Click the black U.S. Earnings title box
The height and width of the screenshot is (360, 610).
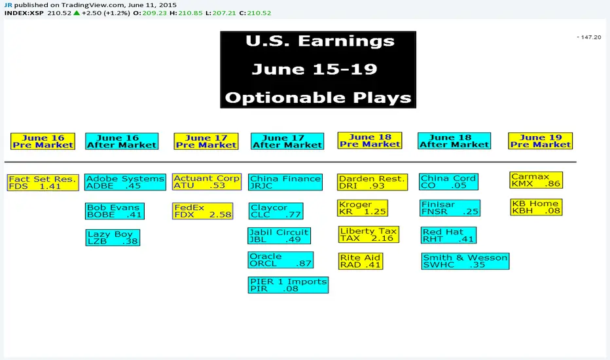[x=318, y=69]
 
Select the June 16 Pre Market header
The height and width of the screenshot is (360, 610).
[x=43, y=141]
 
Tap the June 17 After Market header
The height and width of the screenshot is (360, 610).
[x=287, y=141]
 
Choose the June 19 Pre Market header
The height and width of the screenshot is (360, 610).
[x=541, y=141]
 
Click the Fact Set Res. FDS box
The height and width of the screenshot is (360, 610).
[x=43, y=183]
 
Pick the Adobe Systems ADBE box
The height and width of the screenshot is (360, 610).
[x=125, y=182]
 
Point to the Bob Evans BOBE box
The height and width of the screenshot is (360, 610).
[x=115, y=211]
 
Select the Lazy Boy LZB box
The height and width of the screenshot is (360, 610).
[x=113, y=238]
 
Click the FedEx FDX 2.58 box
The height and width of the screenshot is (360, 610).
[x=203, y=211]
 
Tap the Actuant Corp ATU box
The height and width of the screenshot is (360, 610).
[x=207, y=182]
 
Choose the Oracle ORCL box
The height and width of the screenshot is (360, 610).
[x=281, y=260]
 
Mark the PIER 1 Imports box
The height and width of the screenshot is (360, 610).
[x=288, y=285]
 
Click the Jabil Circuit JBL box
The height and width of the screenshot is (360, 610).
[x=279, y=236]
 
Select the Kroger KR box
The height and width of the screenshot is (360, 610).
[x=363, y=208]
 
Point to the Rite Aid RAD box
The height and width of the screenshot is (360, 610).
[x=360, y=261]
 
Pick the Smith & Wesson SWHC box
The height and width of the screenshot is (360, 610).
[x=465, y=261]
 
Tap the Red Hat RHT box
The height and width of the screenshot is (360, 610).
[x=448, y=235]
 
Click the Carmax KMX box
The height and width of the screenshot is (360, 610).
[x=536, y=180]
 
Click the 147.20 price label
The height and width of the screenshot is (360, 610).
[x=589, y=37]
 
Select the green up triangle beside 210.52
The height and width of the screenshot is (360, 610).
[x=77, y=13]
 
